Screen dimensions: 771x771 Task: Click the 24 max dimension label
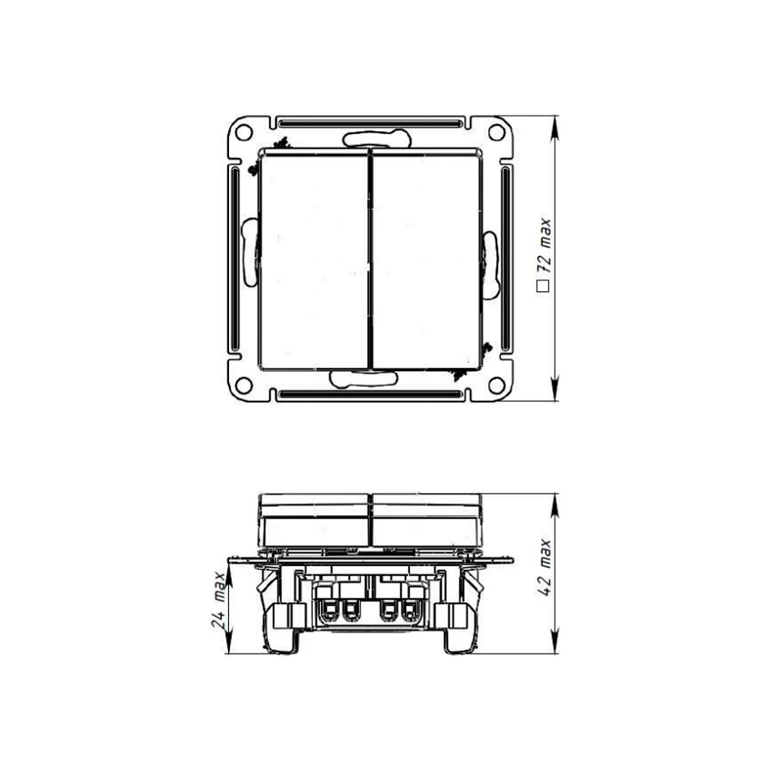(218, 601)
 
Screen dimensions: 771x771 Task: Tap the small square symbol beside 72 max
(542, 286)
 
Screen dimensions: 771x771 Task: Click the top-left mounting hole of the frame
(244, 132)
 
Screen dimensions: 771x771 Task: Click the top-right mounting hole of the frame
(496, 132)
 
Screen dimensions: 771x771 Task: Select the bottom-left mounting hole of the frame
(244, 385)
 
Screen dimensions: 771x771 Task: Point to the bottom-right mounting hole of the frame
(496, 385)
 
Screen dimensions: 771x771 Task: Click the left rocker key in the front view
(314, 261)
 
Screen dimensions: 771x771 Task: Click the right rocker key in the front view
(426, 261)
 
